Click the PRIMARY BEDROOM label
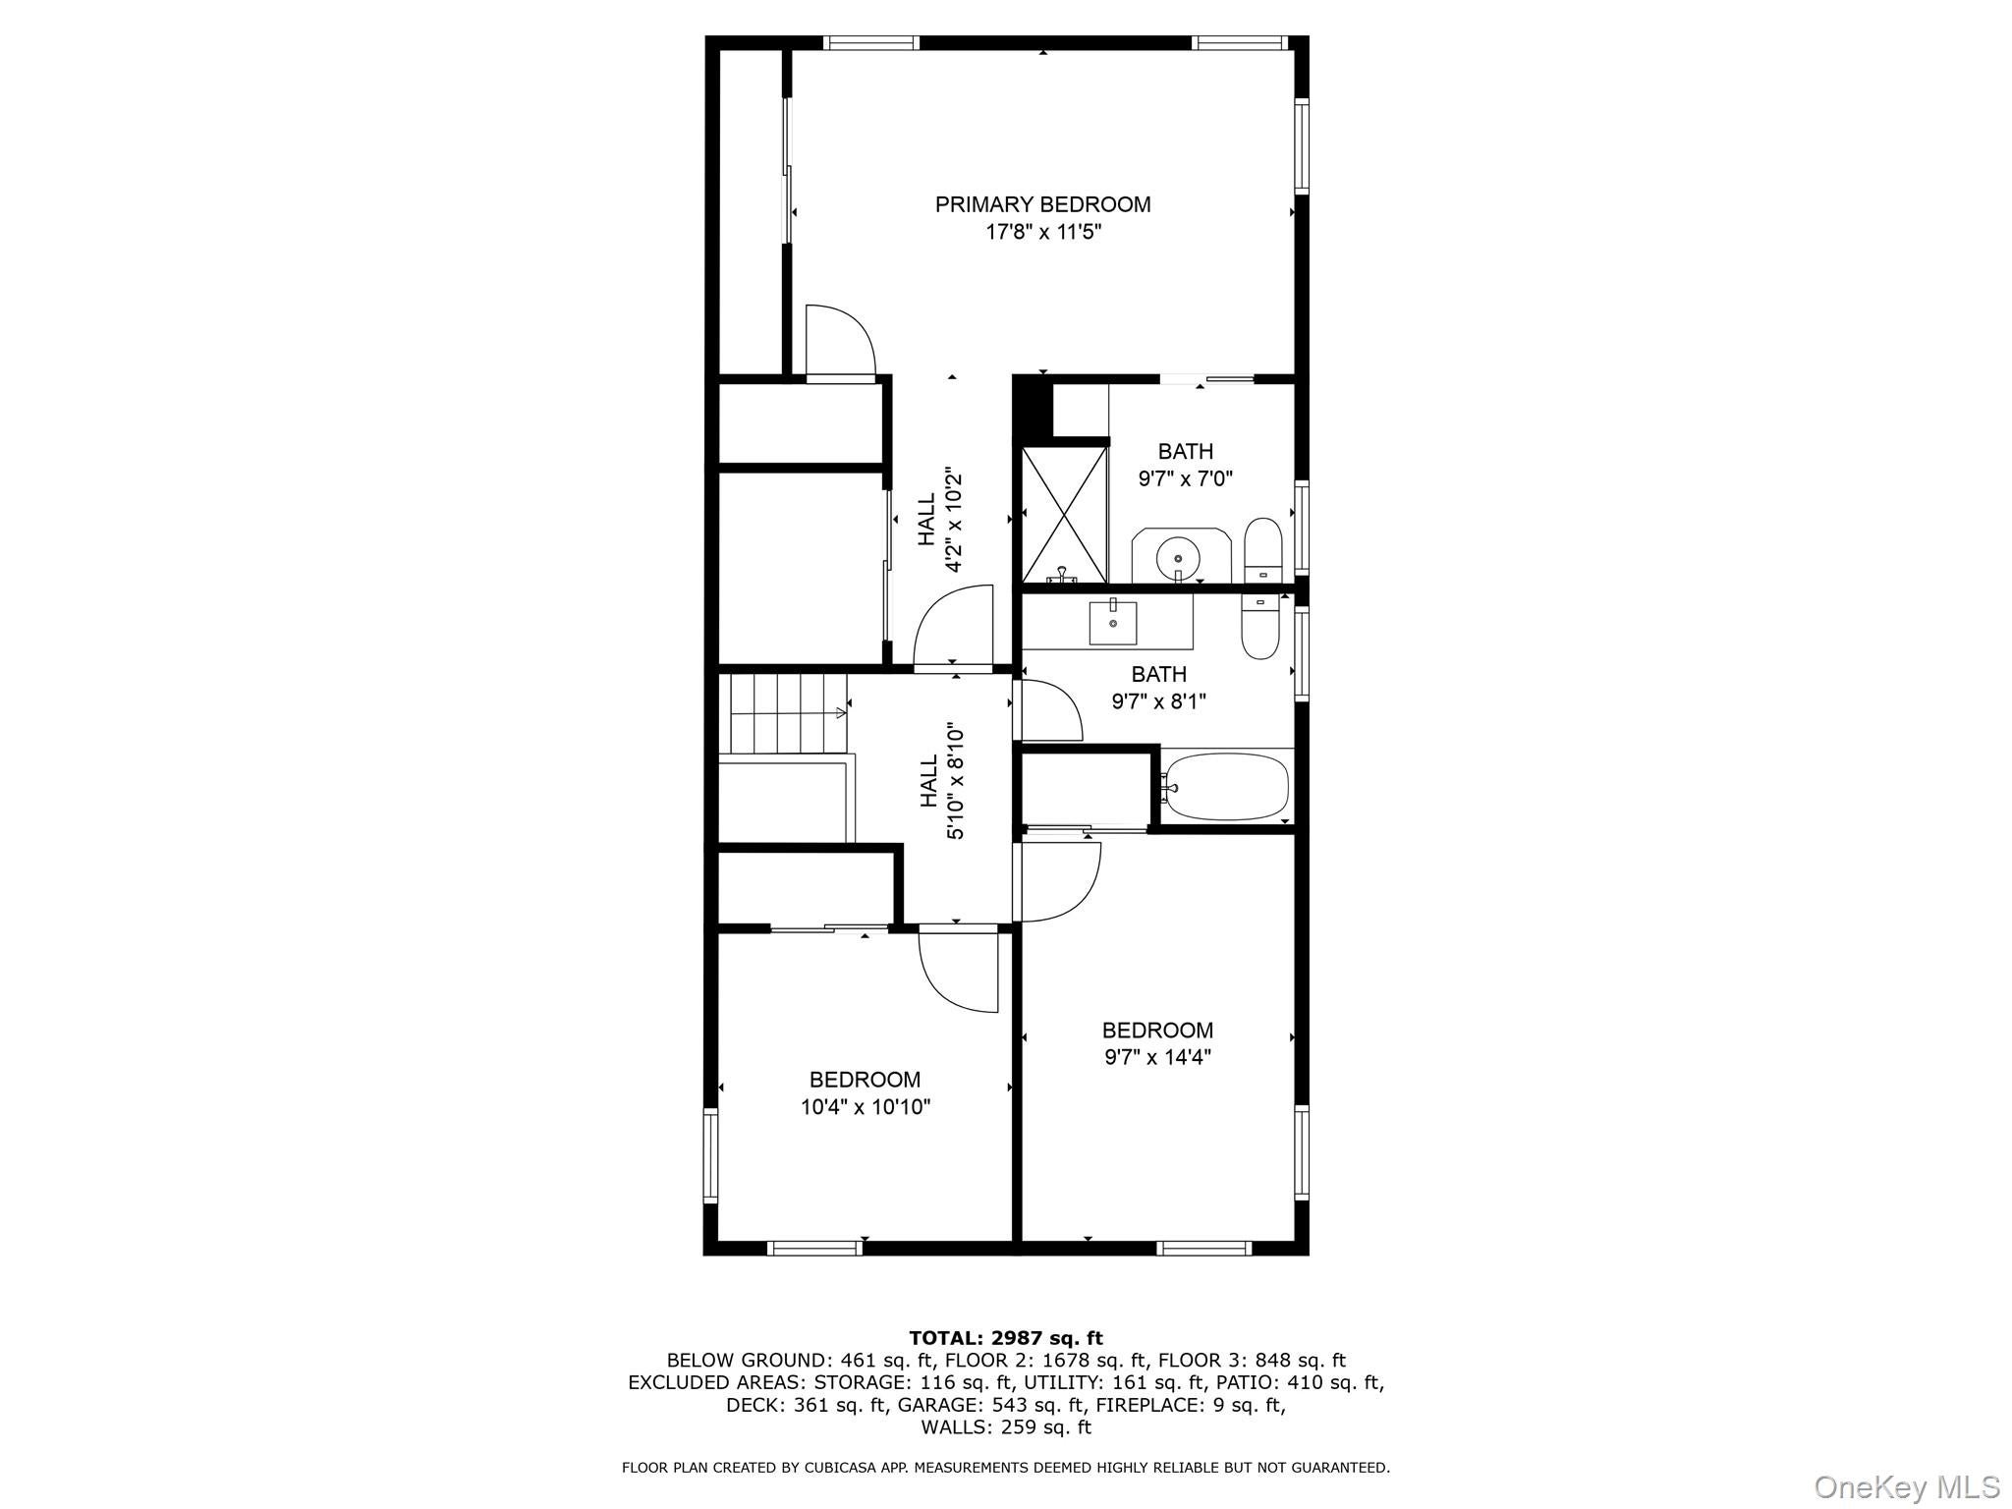pos(1042,204)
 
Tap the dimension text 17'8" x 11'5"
pos(1043,233)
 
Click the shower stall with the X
pos(1064,514)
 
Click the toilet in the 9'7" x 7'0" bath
pos(1262,551)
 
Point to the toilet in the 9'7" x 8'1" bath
pos(1259,629)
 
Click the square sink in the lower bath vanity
pos(1112,623)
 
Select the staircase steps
pos(786,713)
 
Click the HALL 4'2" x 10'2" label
pos(939,520)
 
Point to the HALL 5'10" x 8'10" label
pos(941,782)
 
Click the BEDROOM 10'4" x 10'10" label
pos(865,1093)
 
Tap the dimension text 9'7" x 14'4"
pos(1157,1058)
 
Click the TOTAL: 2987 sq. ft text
pos(1005,1338)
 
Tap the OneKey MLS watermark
pos(1906,1486)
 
